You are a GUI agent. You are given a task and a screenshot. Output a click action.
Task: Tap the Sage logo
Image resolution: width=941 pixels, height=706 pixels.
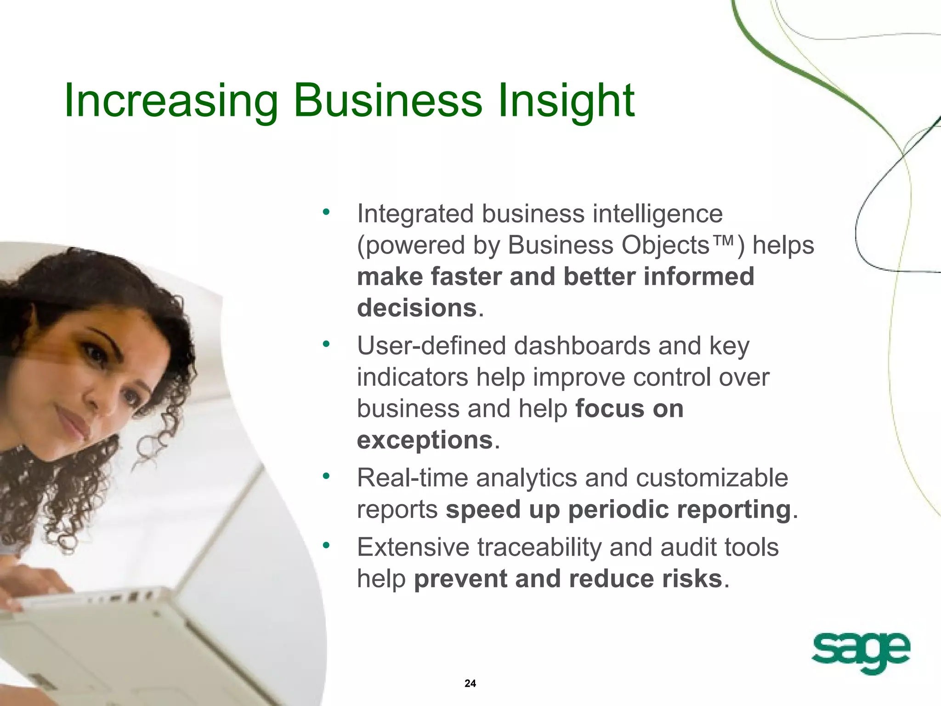(861, 653)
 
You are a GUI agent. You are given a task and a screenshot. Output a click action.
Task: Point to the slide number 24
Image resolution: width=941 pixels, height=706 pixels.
(470, 683)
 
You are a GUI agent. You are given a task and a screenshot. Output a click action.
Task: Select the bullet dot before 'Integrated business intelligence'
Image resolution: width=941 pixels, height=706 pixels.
(326, 212)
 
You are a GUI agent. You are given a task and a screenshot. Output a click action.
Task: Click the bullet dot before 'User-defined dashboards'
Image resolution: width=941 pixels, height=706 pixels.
(326, 344)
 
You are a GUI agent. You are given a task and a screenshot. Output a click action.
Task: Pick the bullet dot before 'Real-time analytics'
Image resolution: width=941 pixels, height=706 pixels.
(326, 476)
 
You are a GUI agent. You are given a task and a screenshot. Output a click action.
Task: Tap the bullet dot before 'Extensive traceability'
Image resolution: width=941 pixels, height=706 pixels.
(326, 546)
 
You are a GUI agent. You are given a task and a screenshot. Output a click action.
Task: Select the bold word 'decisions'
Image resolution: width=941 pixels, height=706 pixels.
(417, 307)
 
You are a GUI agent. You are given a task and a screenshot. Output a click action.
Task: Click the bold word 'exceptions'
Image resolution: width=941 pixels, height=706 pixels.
(425, 440)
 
